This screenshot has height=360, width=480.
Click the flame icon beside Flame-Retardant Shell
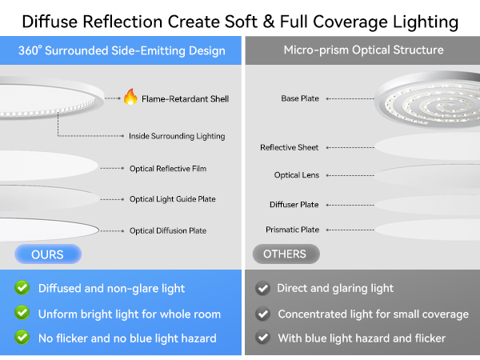[x=130, y=98]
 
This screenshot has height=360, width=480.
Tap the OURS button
[x=48, y=254]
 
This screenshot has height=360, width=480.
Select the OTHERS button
[x=285, y=254]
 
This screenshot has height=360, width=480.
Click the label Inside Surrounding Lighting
[x=177, y=136]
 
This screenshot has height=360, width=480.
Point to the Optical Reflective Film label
[x=167, y=169]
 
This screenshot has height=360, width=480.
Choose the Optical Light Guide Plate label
[x=172, y=199]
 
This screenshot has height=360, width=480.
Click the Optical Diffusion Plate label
[x=167, y=230]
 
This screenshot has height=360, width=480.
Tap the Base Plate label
[x=300, y=99]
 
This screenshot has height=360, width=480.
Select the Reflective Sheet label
[x=289, y=147]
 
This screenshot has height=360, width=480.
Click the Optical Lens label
[x=296, y=175]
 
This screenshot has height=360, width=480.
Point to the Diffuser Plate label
[x=294, y=205]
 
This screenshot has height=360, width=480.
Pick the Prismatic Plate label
[x=292, y=230]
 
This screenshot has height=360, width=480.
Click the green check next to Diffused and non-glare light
[x=22, y=288]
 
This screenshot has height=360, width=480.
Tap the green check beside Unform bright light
[x=22, y=314]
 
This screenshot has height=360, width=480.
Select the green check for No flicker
[x=22, y=338]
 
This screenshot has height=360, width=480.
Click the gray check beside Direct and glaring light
[x=262, y=288]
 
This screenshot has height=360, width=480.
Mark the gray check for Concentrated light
[x=262, y=314]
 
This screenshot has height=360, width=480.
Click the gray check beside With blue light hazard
[x=262, y=338]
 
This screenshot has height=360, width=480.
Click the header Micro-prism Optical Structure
[x=363, y=50]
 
